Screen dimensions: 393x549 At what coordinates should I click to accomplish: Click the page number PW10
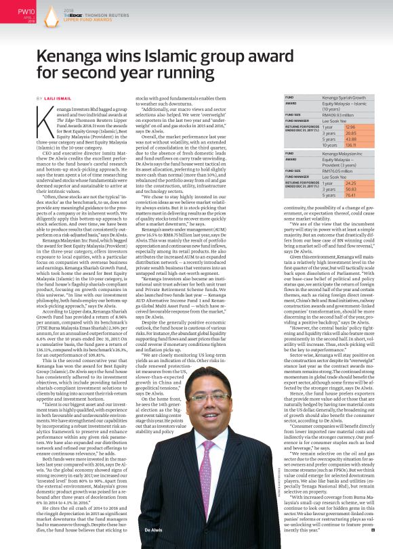click(25, 10)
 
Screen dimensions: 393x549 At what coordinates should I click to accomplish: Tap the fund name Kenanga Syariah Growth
click(345, 97)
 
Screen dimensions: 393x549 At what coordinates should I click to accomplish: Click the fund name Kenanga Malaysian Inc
click(344, 154)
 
